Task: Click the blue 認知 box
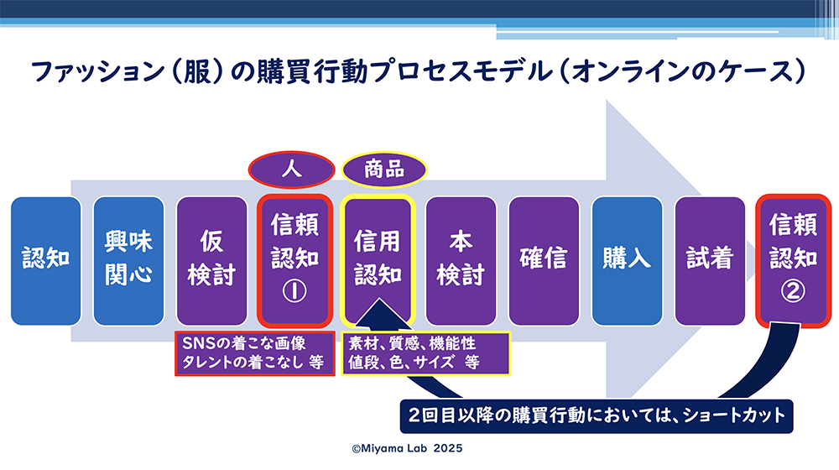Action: click(46, 261)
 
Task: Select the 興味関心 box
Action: click(128, 261)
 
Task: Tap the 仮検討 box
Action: click(212, 261)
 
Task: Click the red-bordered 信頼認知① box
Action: click(294, 261)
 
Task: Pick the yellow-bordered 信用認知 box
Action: click(378, 261)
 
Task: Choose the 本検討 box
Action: click(461, 261)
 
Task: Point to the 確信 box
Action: click(544, 261)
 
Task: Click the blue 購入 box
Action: click(627, 261)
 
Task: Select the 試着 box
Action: click(710, 261)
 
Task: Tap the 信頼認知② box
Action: click(793, 261)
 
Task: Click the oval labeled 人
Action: click(292, 170)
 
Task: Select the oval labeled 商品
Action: click(384, 170)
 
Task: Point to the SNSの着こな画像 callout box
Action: click(255, 353)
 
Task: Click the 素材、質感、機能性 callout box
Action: click(426, 353)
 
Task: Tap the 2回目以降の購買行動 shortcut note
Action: click(597, 416)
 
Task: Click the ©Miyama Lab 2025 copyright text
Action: click(407, 448)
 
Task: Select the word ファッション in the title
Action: click(97, 71)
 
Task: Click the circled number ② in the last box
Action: click(793, 291)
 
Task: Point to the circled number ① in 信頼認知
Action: click(294, 291)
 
